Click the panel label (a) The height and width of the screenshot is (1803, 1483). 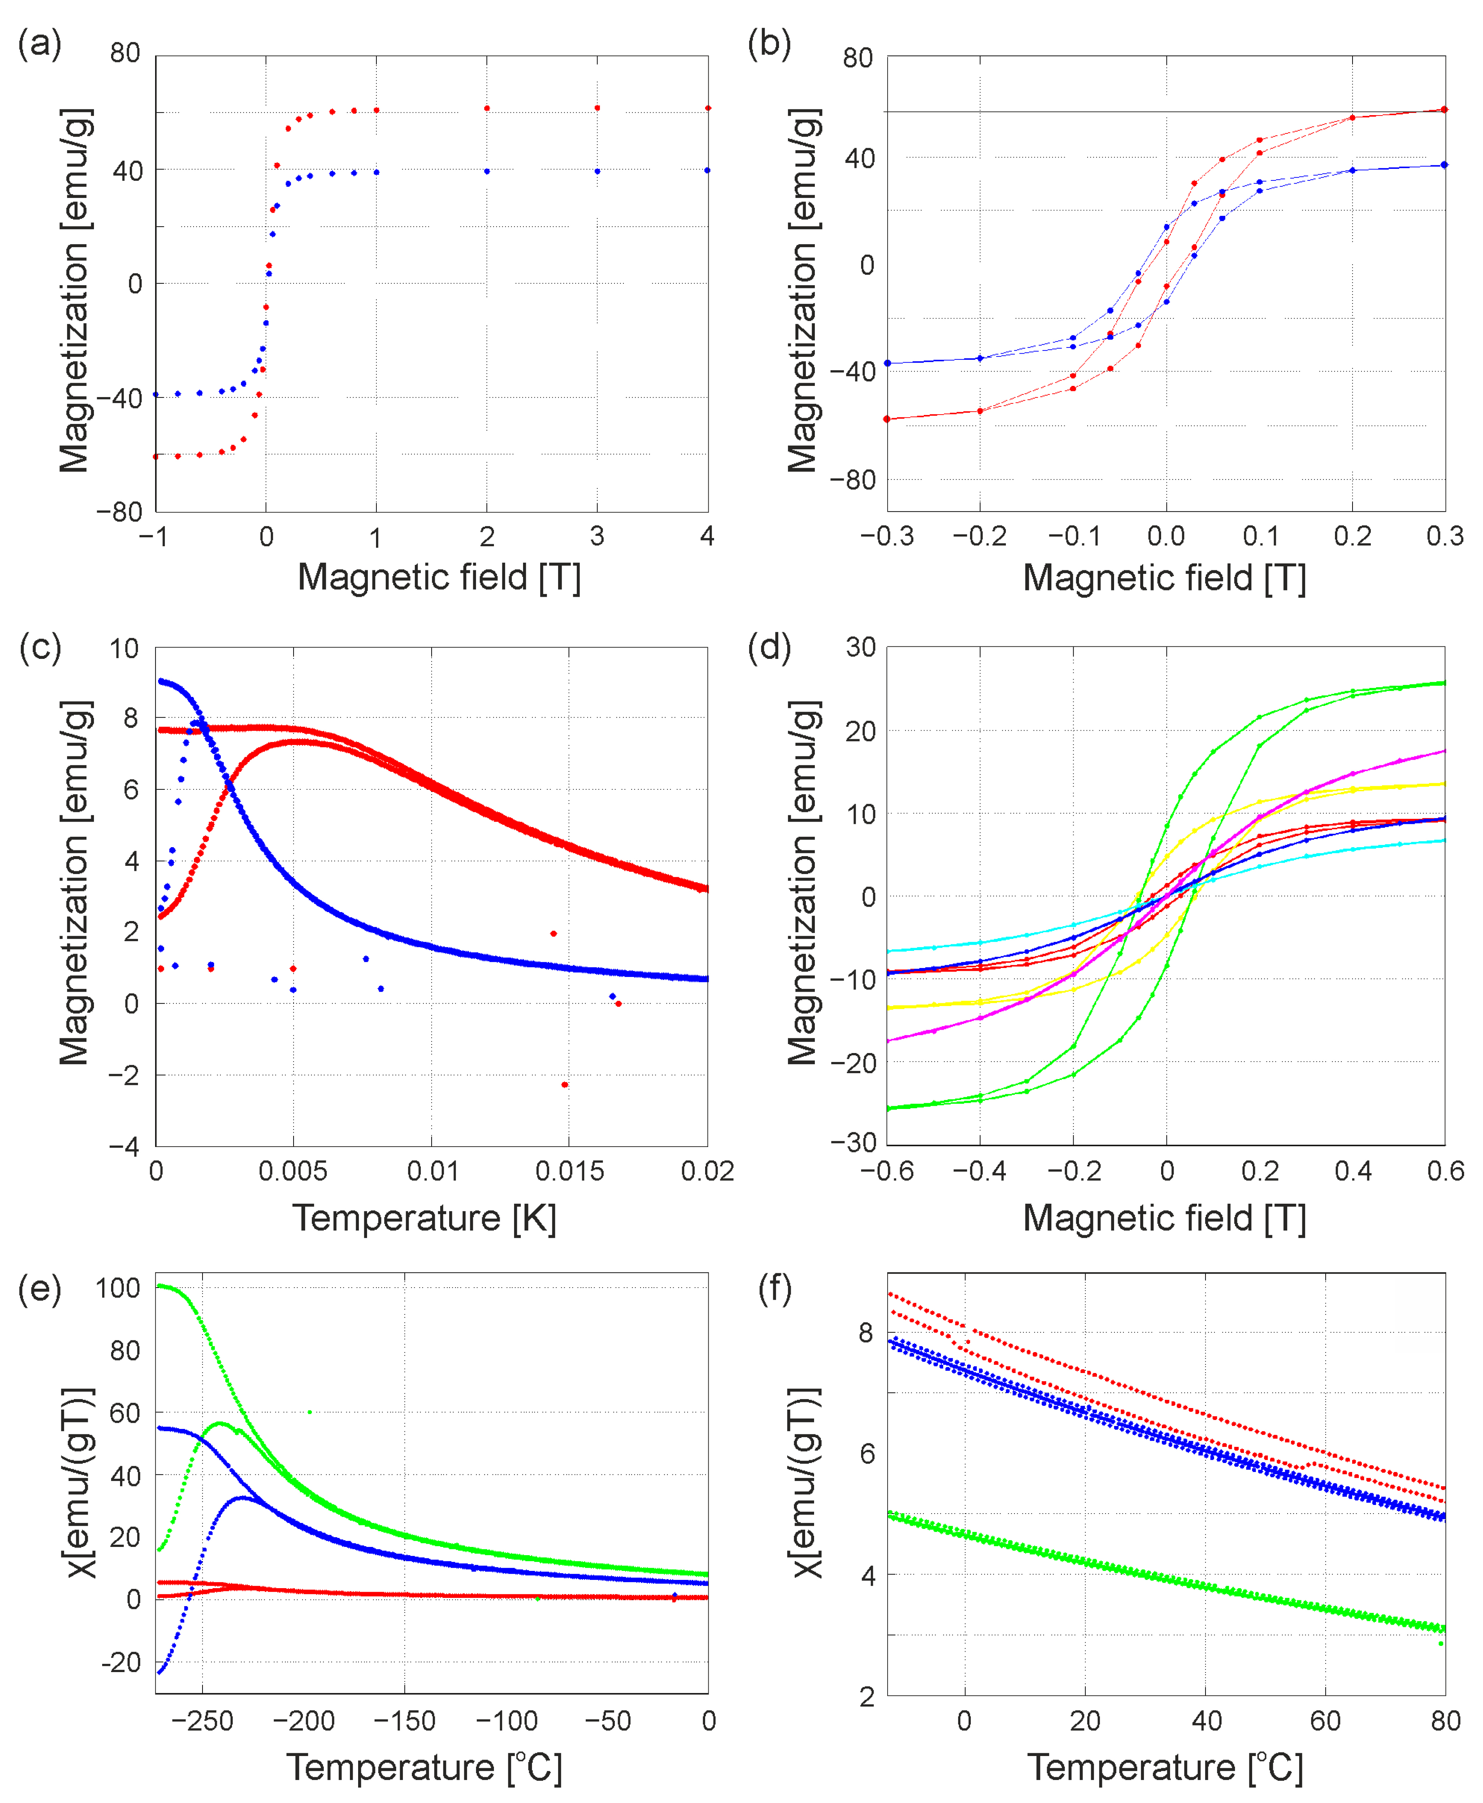point(39,43)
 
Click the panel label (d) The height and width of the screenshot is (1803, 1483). point(769,648)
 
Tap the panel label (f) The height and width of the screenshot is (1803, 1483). point(775,1288)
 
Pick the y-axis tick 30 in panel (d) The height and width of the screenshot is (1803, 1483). point(860,648)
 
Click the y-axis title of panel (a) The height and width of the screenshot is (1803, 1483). point(75,291)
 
